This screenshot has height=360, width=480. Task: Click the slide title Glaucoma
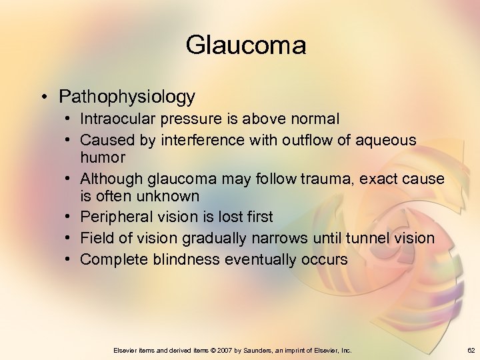(x=246, y=45)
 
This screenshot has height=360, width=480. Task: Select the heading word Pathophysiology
(x=127, y=97)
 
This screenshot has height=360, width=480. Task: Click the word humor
(x=103, y=157)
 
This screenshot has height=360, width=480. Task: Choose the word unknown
(x=169, y=196)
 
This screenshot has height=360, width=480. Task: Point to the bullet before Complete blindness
(x=69, y=259)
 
